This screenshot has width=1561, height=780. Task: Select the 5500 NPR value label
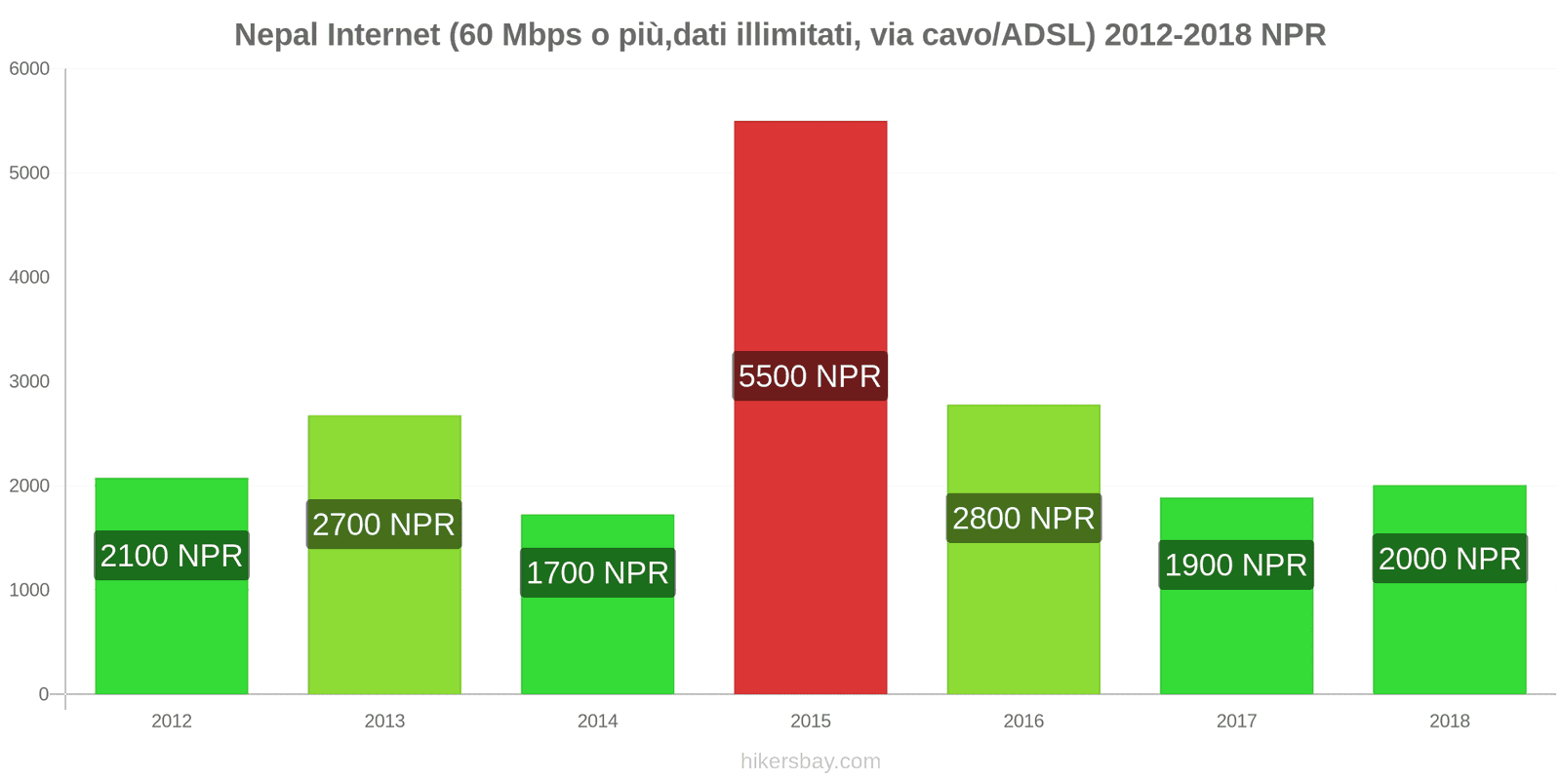(x=810, y=376)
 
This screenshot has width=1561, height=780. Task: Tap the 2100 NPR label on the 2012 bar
(x=172, y=556)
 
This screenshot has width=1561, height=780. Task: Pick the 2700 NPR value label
(x=383, y=525)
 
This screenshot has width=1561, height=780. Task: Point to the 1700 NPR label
(x=597, y=572)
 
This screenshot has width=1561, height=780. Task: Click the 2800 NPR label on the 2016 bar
(x=1023, y=518)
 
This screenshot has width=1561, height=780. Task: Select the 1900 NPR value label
(x=1236, y=565)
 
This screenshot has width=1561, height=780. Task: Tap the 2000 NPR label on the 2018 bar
(x=1449, y=559)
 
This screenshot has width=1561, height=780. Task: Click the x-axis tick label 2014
(x=597, y=721)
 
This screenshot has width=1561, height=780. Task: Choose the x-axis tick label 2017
(x=1236, y=721)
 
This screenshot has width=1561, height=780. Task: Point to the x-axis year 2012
(x=172, y=721)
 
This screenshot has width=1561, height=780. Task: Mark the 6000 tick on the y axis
(x=29, y=69)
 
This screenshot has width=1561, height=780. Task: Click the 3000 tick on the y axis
(x=29, y=381)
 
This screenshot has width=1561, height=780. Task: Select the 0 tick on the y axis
(x=43, y=694)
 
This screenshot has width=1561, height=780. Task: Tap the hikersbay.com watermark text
(x=810, y=761)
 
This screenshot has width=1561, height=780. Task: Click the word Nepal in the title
(x=276, y=35)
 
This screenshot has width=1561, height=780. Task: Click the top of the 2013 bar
(x=383, y=417)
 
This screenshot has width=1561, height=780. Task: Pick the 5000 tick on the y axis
(x=29, y=174)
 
